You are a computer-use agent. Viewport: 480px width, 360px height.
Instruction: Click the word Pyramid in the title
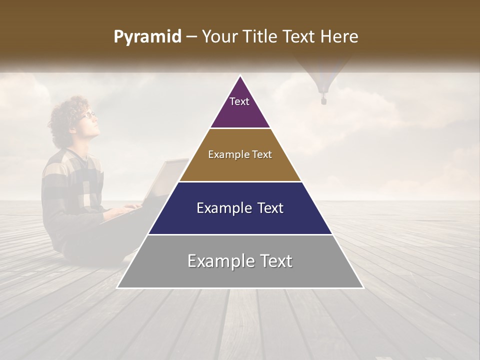pyautogui.click(x=147, y=37)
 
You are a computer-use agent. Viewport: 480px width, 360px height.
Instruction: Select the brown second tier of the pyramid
pyautogui.click(x=240, y=167)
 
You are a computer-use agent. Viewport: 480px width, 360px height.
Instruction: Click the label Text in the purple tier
pyautogui.click(x=239, y=101)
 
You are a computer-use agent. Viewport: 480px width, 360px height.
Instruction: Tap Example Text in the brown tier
pyautogui.click(x=240, y=154)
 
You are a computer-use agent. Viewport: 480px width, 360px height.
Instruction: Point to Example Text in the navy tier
pyautogui.click(x=240, y=208)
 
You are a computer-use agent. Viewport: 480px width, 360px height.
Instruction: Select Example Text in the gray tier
pyautogui.click(x=240, y=261)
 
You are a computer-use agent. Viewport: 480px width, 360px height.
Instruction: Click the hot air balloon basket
pyautogui.click(x=323, y=101)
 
